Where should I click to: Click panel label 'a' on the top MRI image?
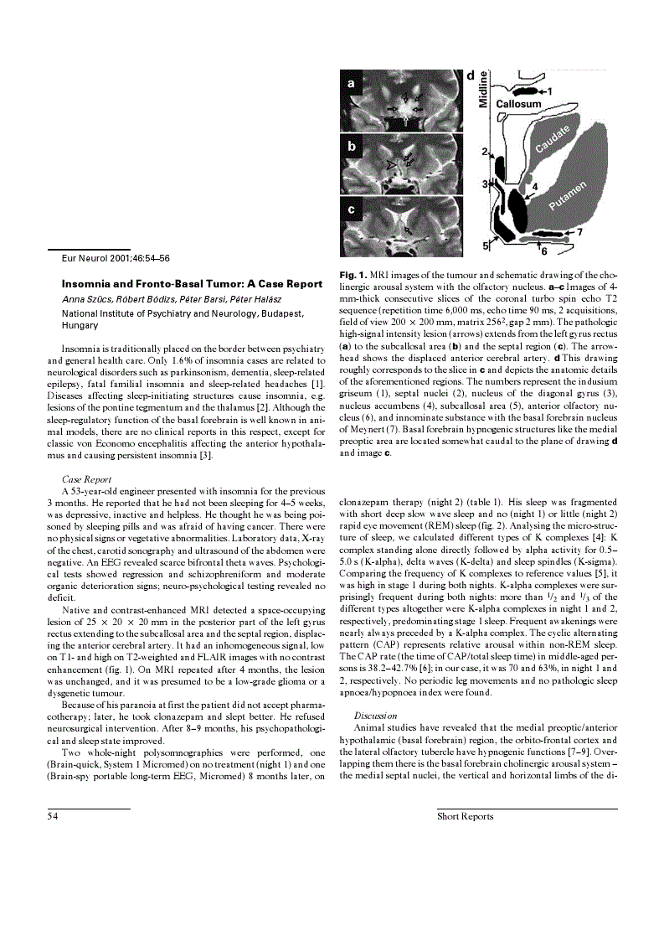coord(351,85)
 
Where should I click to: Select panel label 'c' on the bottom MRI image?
coord(351,209)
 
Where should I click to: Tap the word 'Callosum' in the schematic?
coord(518,104)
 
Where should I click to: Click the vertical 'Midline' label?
coord(483,89)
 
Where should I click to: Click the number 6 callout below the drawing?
coord(544,251)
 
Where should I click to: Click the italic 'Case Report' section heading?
coord(82,480)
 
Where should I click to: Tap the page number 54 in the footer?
coord(52,816)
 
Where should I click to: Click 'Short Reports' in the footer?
coord(465,816)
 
